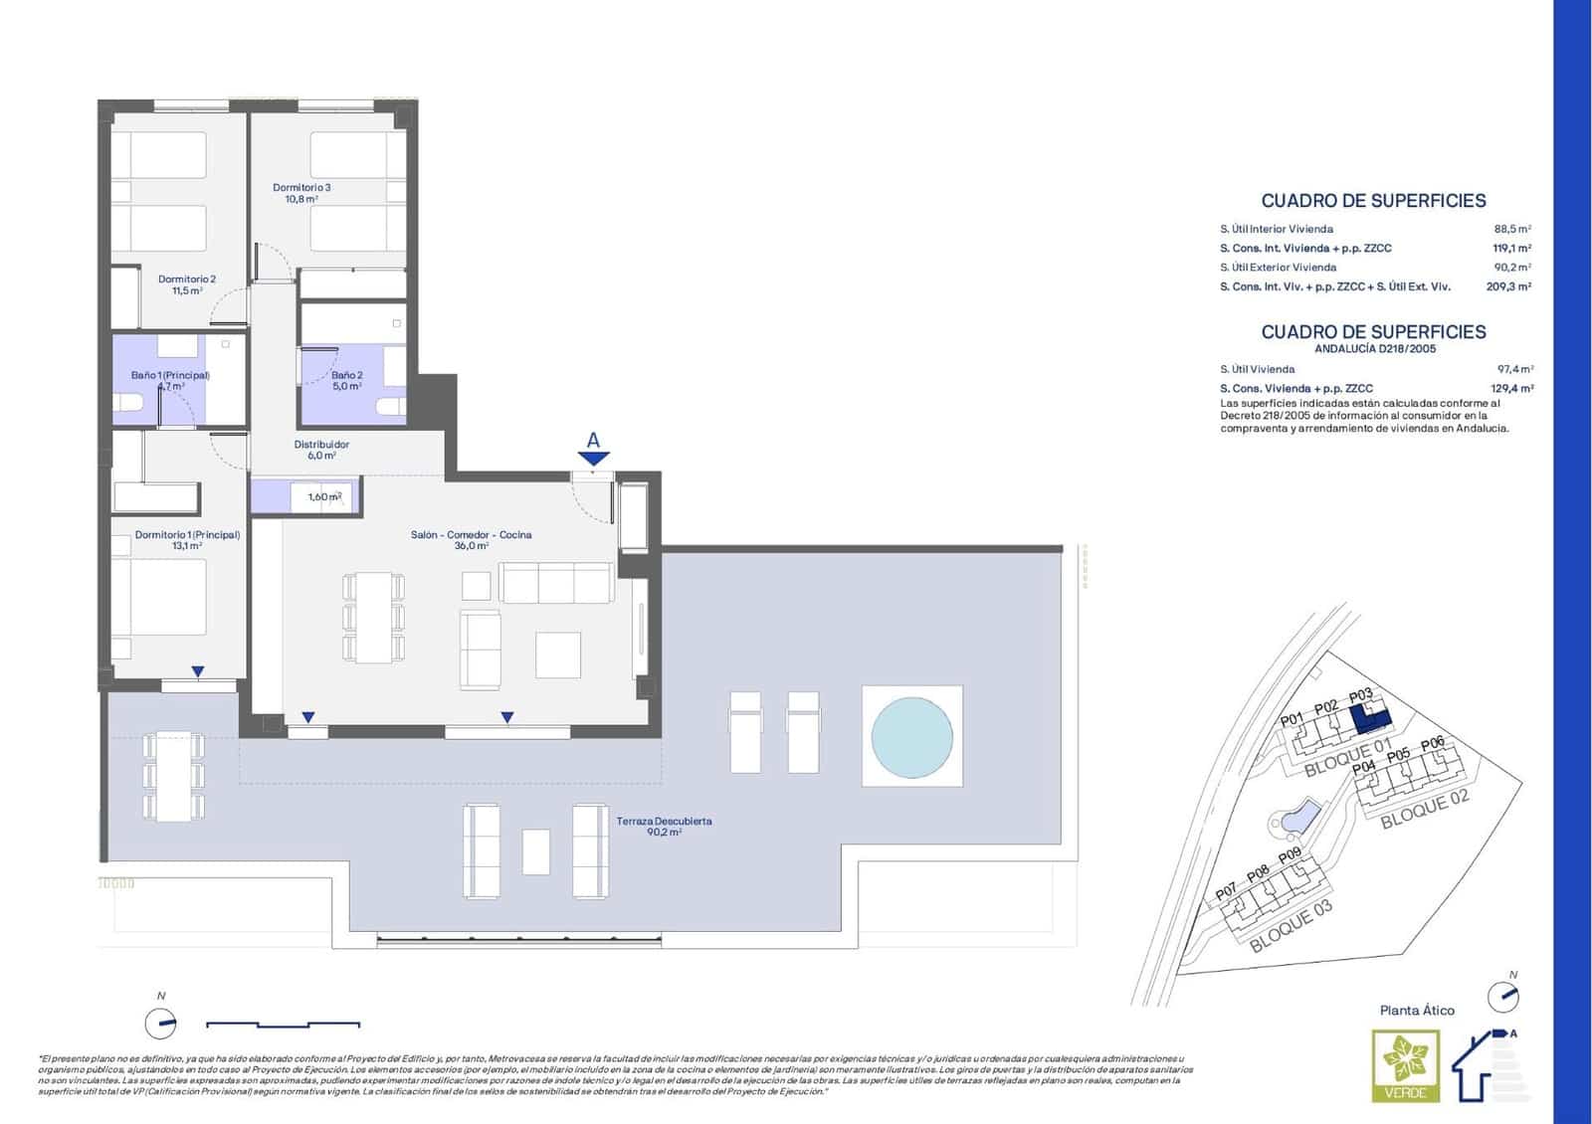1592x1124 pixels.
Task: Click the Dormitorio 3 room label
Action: point(301,193)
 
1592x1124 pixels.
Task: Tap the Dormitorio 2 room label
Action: point(186,285)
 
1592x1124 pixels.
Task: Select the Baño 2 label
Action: point(346,381)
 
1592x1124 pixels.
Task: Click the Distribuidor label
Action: point(321,450)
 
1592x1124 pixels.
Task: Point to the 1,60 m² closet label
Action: point(324,496)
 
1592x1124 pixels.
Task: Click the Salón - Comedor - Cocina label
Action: point(471,540)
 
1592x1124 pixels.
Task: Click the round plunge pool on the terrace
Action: point(911,737)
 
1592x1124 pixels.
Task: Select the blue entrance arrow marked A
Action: point(594,459)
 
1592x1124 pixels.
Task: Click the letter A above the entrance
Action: point(594,440)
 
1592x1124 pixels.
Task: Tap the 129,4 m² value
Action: point(1512,389)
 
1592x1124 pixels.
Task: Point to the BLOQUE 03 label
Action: point(1291,927)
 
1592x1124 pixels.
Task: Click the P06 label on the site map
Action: point(1432,744)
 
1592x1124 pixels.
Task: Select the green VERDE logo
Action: point(1405,1065)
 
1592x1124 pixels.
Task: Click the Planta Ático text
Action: point(1417,1011)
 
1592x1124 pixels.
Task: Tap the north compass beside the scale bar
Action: point(159,1023)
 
